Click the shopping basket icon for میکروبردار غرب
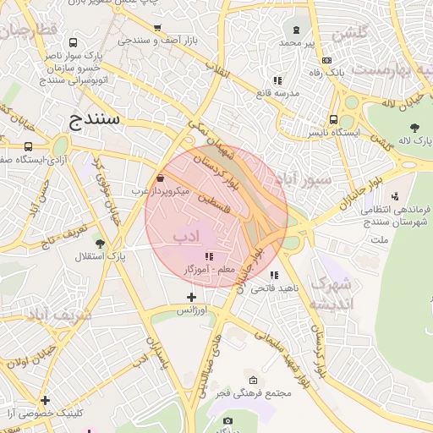[161, 178]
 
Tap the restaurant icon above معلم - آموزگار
[208, 256]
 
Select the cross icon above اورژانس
[191, 297]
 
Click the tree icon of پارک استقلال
[101, 244]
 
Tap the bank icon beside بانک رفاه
[326, 60]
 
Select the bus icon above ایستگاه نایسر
[333, 120]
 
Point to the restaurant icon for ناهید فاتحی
[273, 275]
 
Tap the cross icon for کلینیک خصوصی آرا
[45, 400]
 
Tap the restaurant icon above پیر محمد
[298, 30]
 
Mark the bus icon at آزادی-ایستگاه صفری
[5, 146]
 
